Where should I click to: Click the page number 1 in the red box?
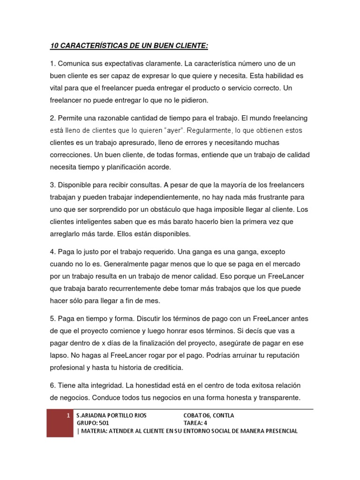click(68, 415)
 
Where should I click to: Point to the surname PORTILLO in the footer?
click(119, 415)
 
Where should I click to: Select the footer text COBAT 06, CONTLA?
click(209, 415)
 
